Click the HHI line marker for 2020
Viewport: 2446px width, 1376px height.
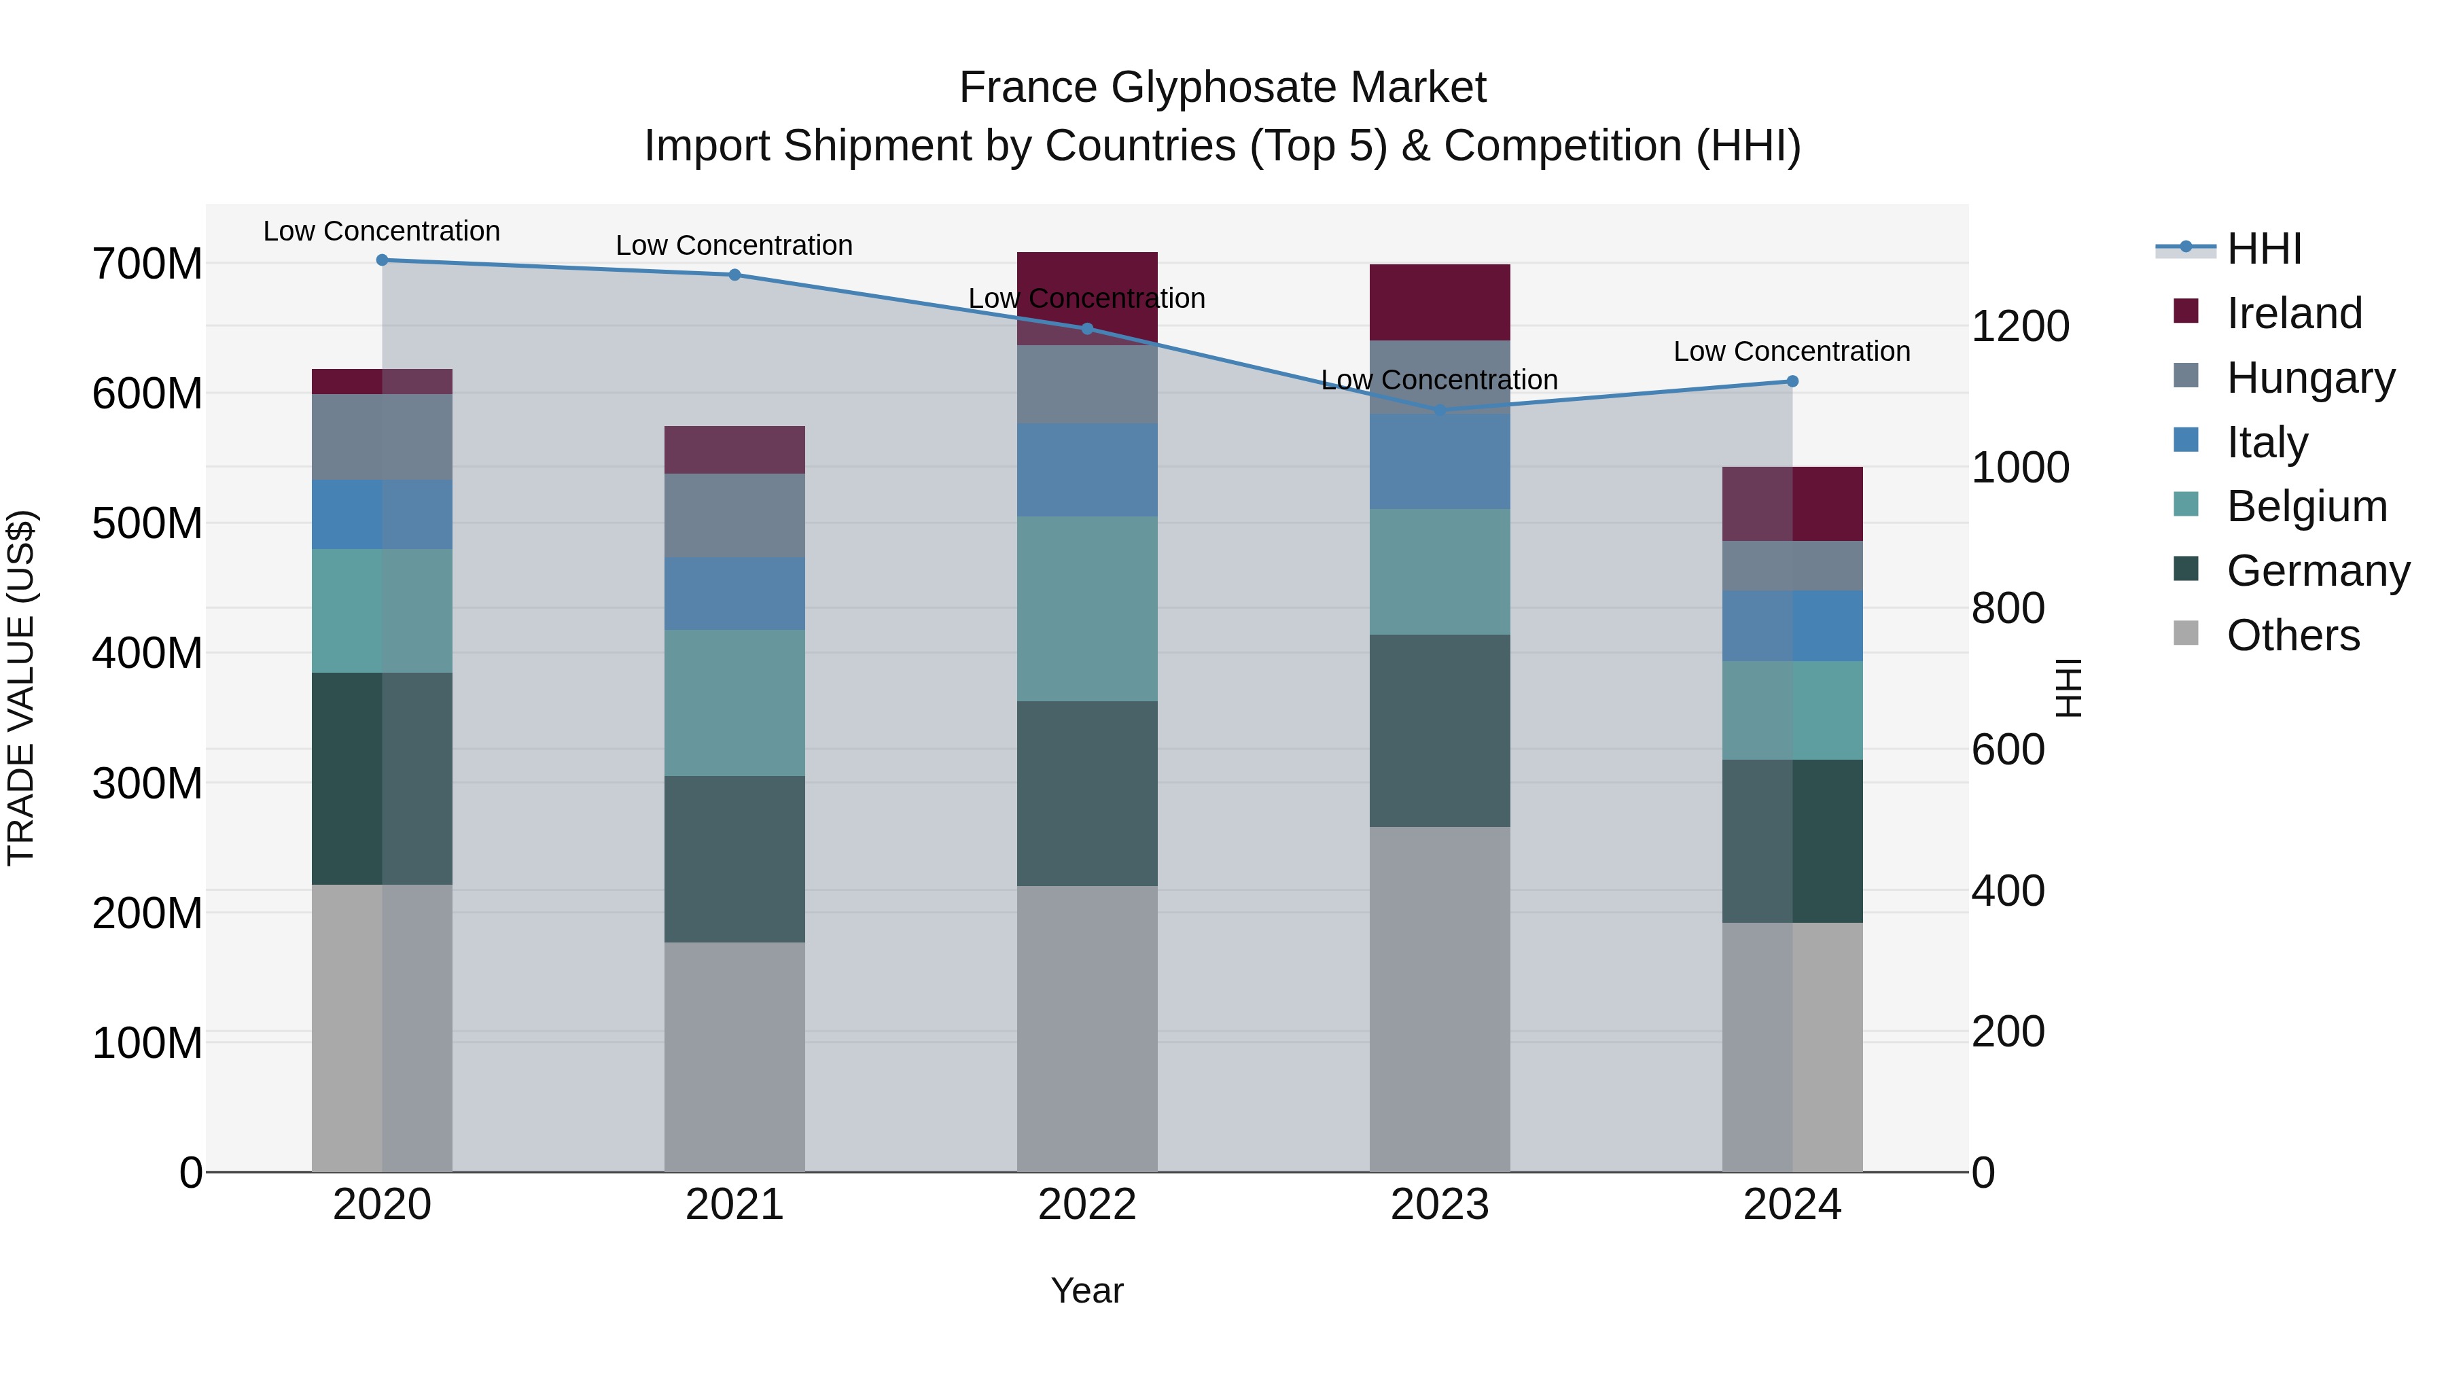382,260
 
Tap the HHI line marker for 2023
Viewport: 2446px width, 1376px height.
1440,410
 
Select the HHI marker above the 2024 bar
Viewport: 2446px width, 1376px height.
1792,381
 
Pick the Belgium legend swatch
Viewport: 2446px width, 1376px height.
2186,504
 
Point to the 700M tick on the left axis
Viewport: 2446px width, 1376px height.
147,264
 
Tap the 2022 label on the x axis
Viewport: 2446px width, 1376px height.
1086,1205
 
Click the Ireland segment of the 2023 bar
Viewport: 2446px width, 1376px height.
1440,302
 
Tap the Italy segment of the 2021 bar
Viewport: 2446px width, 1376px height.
734,593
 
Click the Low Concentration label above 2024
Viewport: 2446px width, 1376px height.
1791,351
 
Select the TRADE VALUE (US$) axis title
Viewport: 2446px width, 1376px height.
22,688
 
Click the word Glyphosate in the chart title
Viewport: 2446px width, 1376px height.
1223,88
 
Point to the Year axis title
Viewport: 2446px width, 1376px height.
1086,1290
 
